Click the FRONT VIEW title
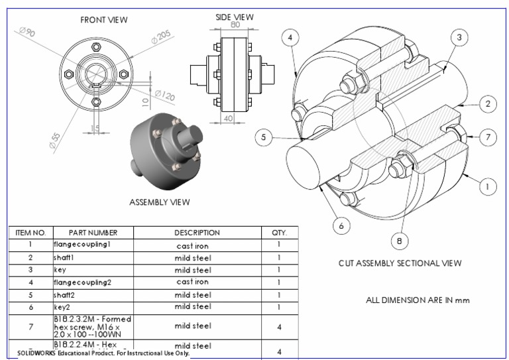pos(103,20)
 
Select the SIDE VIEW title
pos(235,17)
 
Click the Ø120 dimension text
pos(164,96)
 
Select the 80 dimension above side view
pos(235,25)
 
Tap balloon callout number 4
pos(289,38)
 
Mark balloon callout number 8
pos(400,241)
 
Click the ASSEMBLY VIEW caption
pos(159,202)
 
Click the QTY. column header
pos(279,233)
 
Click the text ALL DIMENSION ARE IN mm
pos(418,300)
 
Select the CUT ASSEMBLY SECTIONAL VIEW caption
pos(400,263)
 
